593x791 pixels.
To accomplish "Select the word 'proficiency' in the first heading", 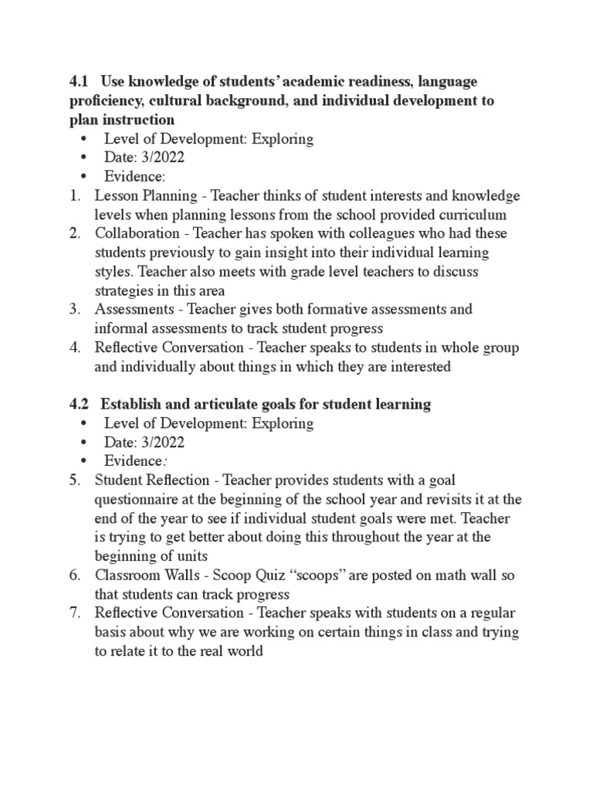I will (x=105, y=101).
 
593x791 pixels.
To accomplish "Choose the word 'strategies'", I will (x=124, y=290).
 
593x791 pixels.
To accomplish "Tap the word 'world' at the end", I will (x=246, y=650).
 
